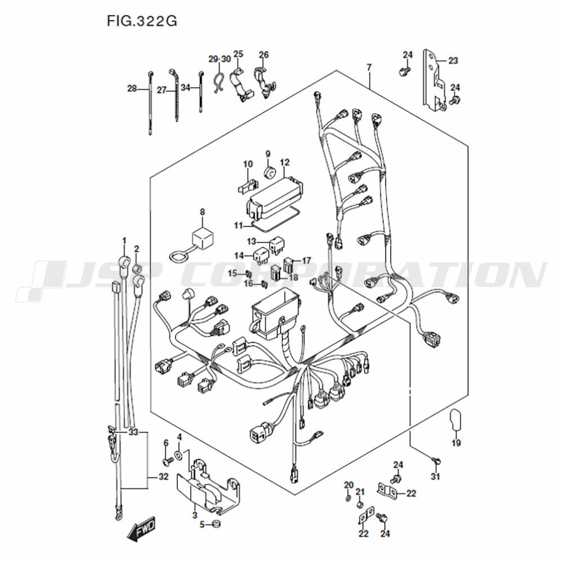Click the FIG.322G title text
(142, 21)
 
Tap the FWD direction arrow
(141, 529)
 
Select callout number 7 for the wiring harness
(369, 67)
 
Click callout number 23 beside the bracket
(453, 60)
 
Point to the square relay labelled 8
(203, 238)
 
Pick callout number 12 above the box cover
(285, 162)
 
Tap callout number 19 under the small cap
(456, 443)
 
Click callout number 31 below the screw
(435, 476)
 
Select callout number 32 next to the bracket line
(163, 477)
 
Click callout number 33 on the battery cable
(133, 432)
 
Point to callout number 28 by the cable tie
(132, 88)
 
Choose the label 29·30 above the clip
(220, 59)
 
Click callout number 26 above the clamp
(264, 55)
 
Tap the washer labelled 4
(178, 456)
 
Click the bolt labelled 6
(168, 461)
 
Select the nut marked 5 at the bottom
(216, 524)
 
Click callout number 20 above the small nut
(349, 485)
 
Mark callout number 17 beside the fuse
(306, 260)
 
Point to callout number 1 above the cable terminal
(124, 240)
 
